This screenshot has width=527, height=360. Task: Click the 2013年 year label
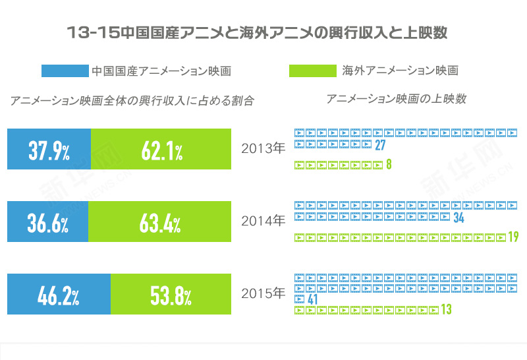pyautogui.click(x=263, y=148)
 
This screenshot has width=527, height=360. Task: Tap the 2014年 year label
pyautogui.click(x=263, y=220)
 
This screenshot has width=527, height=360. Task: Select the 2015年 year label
pyautogui.click(x=263, y=292)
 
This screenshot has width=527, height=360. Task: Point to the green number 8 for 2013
pyautogui.click(x=389, y=165)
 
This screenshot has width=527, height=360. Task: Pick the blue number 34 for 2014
pyautogui.click(x=459, y=218)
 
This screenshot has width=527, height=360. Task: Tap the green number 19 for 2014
pyautogui.click(x=513, y=237)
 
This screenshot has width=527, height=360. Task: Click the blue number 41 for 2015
pyautogui.click(x=313, y=300)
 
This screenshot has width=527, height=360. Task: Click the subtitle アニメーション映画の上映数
pyautogui.click(x=396, y=99)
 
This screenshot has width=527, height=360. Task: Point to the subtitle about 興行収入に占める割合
pyautogui.click(x=132, y=101)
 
